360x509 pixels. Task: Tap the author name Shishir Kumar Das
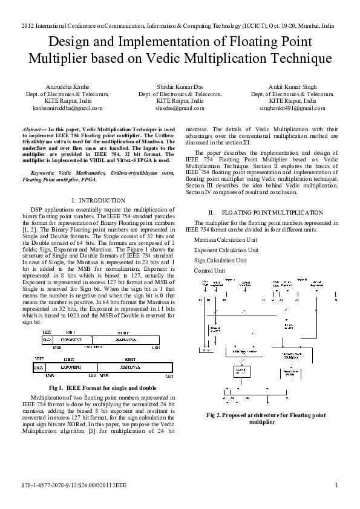tap(180, 86)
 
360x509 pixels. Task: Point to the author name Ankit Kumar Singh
tap(292, 86)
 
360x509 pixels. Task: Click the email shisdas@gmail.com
tap(180, 108)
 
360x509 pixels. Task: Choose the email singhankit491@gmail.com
tap(292, 108)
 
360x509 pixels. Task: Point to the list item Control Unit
tap(209, 270)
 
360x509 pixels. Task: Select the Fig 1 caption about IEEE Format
tap(102, 387)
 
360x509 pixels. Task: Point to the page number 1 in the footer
tap(336, 485)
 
